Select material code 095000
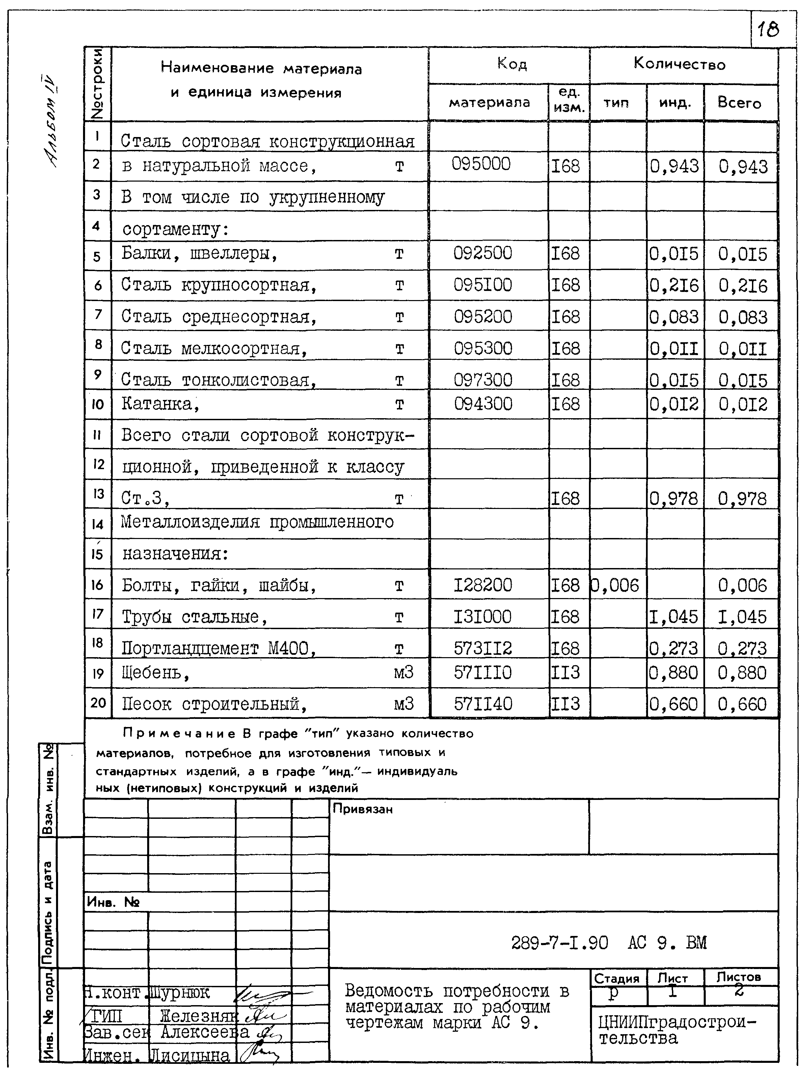[x=481, y=164]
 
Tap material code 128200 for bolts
[x=483, y=585]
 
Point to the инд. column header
[x=675, y=103]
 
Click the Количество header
[x=679, y=64]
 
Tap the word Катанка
[x=157, y=404]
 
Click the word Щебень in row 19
[x=151, y=673]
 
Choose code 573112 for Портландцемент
[x=483, y=648]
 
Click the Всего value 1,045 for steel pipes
[x=742, y=617]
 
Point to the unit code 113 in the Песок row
[x=565, y=704]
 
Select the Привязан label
[x=362, y=809]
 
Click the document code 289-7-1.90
[x=559, y=943]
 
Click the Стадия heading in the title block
[x=616, y=978]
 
